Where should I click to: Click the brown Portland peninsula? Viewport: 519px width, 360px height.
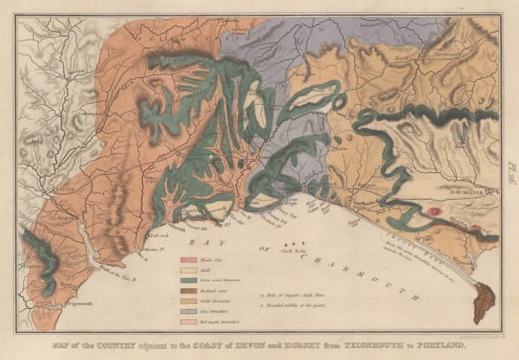tap(484, 302)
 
